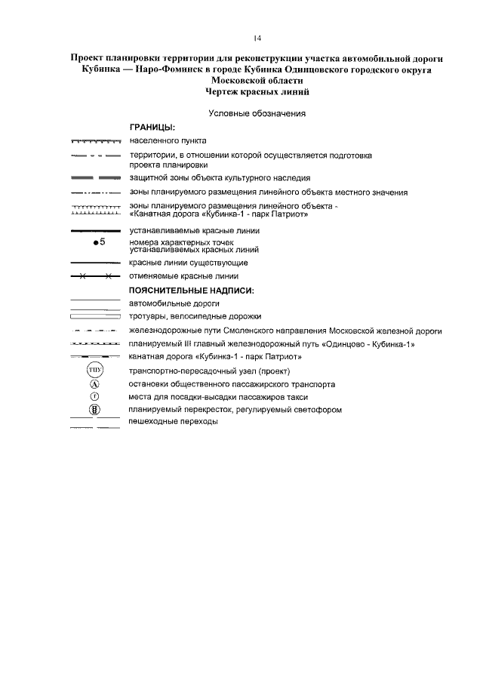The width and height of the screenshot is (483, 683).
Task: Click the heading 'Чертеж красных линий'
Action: pos(257,92)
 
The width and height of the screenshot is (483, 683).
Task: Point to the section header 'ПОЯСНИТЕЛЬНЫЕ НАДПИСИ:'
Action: pos(191,291)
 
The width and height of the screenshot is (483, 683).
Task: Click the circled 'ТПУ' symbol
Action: pos(95,371)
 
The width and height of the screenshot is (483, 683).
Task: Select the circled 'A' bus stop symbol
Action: pos(95,384)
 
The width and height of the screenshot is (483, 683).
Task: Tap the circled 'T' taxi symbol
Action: pos(95,396)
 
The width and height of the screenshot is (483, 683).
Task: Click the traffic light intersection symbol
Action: pos(95,410)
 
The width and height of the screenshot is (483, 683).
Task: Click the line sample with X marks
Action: pos(95,276)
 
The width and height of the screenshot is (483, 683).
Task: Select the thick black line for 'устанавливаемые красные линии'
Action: pos(95,231)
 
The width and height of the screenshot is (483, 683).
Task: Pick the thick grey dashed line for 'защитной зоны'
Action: pos(95,177)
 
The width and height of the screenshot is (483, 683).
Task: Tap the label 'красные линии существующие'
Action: pos(188,263)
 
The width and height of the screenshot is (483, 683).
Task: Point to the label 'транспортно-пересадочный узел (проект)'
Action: pos(210,371)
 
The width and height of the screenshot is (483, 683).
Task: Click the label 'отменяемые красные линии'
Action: pos(183,276)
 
